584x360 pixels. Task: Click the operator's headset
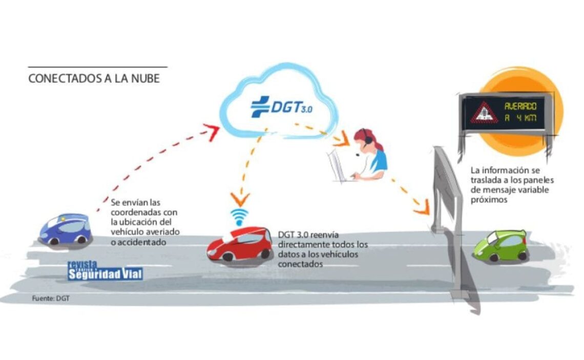(x=364, y=139)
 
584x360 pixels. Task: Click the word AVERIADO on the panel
(x=520, y=107)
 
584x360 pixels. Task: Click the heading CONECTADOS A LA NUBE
(x=94, y=78)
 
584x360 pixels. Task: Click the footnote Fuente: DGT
(x=50, y=298)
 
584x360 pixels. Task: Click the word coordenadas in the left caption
(x=135, y=213)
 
